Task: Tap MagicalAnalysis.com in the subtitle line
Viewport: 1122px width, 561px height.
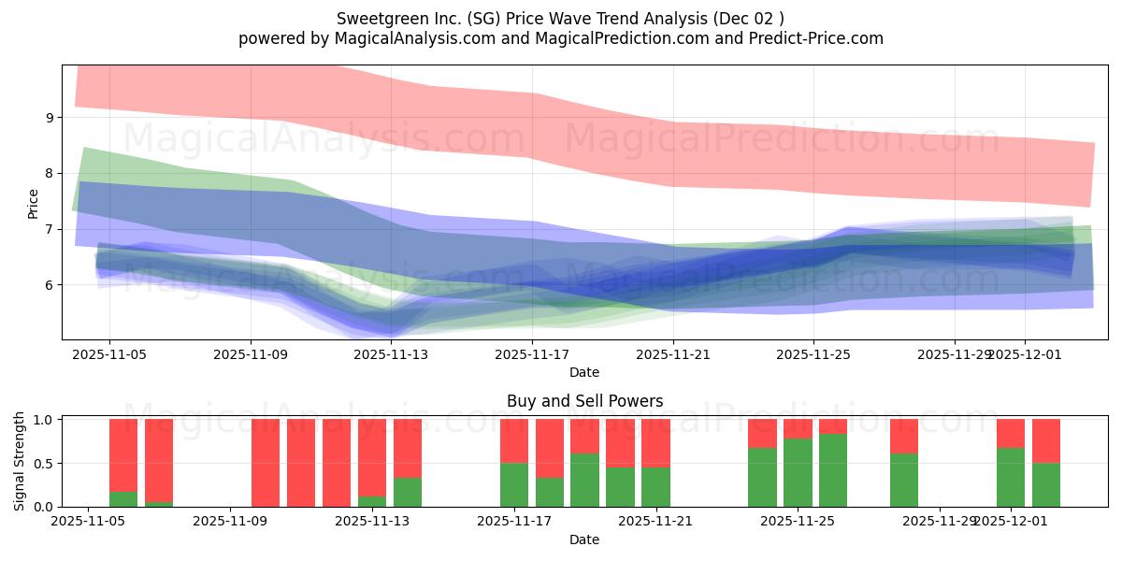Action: (x=409, y=38)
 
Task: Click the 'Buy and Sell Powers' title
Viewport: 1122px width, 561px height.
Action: (x=584, y=401)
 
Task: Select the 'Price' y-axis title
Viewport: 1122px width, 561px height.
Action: (x=34, y=203)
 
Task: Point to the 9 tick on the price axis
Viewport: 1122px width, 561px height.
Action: (x=49, y=118)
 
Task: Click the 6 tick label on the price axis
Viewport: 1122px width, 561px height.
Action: (x=49, y=285)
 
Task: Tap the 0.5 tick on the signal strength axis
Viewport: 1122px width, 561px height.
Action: (x=44, y=464)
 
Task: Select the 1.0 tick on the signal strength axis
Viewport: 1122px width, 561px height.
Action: (x=44, y=420)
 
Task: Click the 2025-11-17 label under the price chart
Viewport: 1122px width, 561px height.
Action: (x=532, y=355)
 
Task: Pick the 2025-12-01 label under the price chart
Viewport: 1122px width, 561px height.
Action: (x=1024, y=355)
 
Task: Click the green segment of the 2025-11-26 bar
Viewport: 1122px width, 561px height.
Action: (x=833, y=470)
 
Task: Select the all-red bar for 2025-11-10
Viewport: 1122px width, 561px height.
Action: (x=301, y=463)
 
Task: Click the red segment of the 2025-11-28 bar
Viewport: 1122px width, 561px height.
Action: (x=904, y=436)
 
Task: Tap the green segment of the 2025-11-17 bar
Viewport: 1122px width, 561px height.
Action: (x=514, y=484)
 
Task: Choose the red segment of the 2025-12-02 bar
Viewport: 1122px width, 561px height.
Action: (x=1046, y=440)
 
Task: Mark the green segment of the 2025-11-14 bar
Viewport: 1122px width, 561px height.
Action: (x=408, y=492)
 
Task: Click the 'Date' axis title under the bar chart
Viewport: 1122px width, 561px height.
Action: (x=584, y=539)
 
